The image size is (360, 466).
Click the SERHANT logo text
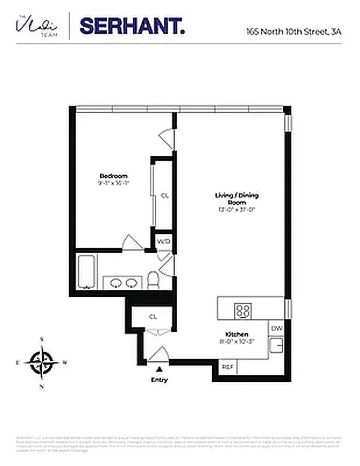tap(132, 26)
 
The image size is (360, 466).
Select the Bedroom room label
tap(113, 176)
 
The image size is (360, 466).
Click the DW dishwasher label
tap(277, 329)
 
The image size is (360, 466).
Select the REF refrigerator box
tap(227, 368)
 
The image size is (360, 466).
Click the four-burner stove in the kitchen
tap(243, 310)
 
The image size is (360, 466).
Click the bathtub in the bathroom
tap(86, 272)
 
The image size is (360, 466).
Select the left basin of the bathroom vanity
tap(115, 284)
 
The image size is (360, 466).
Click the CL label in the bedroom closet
tap(164, 196)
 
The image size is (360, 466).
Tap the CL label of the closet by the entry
tap(153, 317)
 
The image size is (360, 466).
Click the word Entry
tap(159, 380)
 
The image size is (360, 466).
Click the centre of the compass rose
tap(42, 362)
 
